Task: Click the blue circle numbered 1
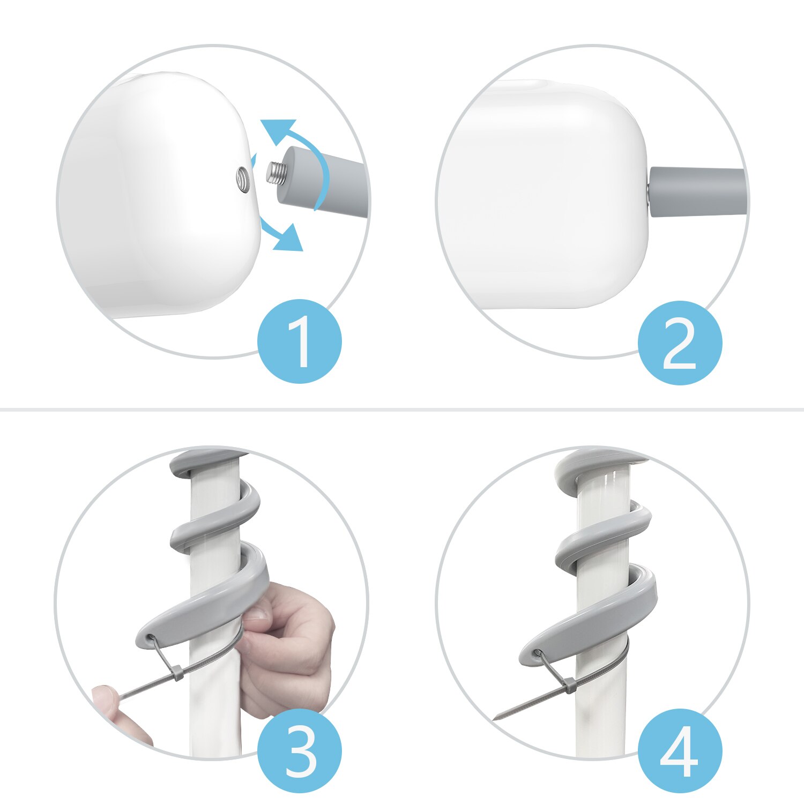(300, 341)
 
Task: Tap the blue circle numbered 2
(680, 343)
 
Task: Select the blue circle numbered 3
(300, 750)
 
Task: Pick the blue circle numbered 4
(680, 750)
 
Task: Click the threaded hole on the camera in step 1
(243, 178)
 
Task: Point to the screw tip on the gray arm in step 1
(274, 173)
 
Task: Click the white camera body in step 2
(541, 198)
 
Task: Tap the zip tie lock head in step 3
(176, 673)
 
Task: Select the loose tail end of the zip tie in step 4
(509, 712)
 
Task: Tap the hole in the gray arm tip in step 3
(151, 639)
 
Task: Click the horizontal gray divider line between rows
(402, 410)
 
